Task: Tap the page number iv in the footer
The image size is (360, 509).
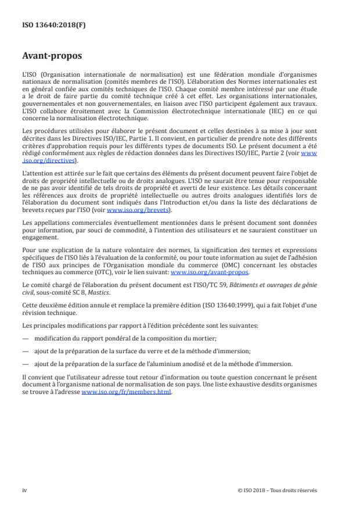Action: pyautogui.click(x=24, y=490)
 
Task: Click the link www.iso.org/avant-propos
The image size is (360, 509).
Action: pyautogui.click(x=210, y=272)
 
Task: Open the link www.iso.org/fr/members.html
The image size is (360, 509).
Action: pyautogui.click(x=127, y=392)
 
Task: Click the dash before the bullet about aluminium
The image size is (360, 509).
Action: pyautogui.click(x=25, y=364)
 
